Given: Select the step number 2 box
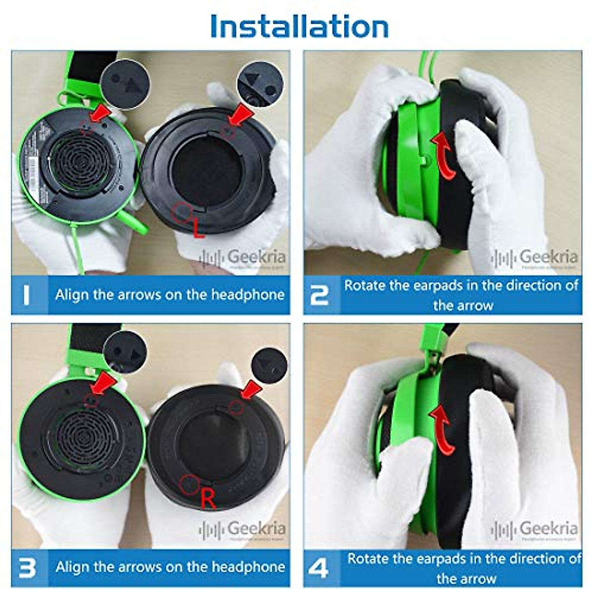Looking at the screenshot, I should coord(321,295).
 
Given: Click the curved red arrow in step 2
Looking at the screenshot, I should coord(442,154).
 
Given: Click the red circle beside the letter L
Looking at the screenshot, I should coord(181,212).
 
